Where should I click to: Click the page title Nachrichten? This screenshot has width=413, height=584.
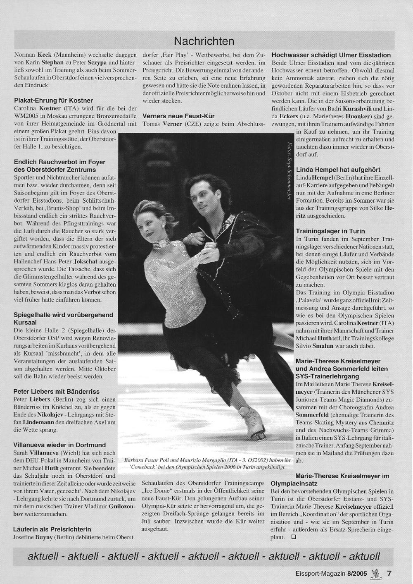pyautogui.click(x=204, y=41)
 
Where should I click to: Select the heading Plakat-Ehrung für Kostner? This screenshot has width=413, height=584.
pyautogui.click(x=54, y=101)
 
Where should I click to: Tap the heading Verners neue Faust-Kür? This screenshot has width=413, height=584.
pyautogui.click(x=179, y=116)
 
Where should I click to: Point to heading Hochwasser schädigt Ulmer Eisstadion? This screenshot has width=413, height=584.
pyautogui.click(x=331, y=55)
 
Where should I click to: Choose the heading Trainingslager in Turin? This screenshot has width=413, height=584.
pyautogui.click(x=330, y=231)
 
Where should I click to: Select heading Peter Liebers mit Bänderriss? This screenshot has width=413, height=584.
pyautogui.click(x=57, y=391)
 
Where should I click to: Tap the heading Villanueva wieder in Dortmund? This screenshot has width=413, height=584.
pyautogui.click(x=59, y=445)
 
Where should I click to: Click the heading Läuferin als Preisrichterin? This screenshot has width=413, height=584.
pyautogui.click(x=52, y=529)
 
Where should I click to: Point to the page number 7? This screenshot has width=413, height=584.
pyautogui.click(x=389, y=573)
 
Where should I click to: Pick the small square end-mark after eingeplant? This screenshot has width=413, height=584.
pyautogui.click(x=293, y=537)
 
